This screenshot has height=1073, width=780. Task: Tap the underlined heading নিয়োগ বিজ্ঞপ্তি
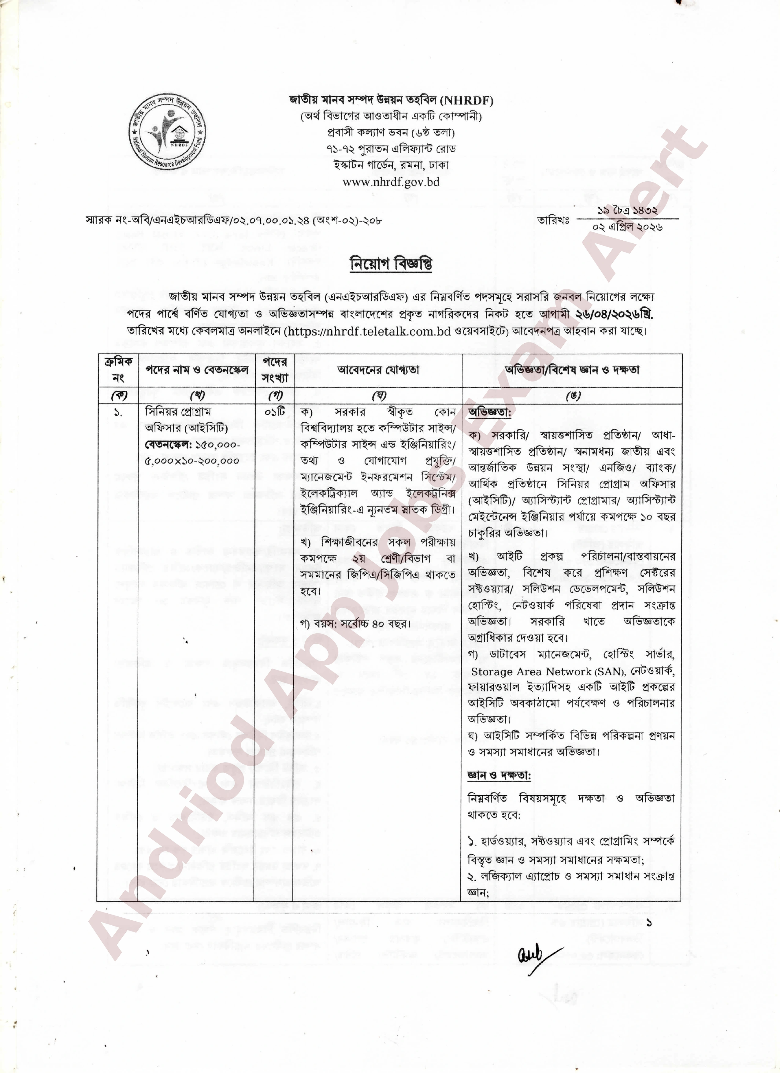[391, 264]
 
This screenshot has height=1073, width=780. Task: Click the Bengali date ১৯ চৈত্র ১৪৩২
[628, 210]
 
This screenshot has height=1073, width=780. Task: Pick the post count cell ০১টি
[274, 412]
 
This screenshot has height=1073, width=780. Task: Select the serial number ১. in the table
[118, 413]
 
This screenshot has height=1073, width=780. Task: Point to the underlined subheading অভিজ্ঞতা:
[489, 413]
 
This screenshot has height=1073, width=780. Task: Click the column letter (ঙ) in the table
[572, 395]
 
